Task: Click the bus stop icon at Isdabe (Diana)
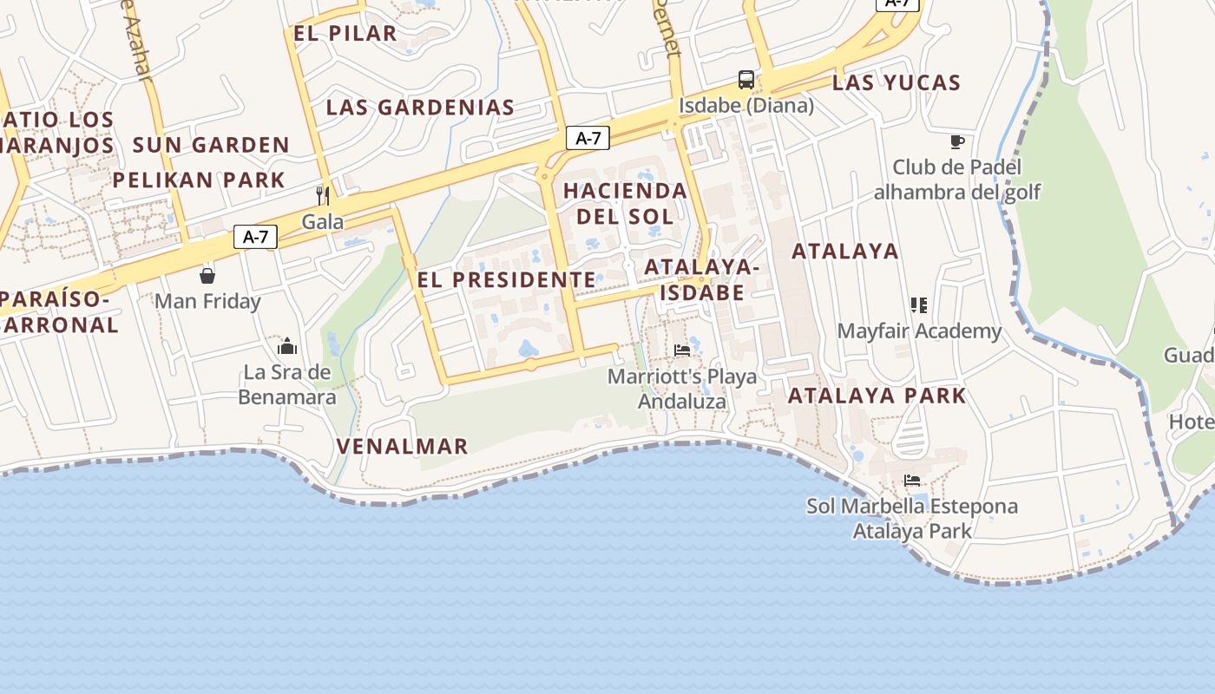pyautogui.click(x=746, y=80)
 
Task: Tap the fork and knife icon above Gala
pyautogui.click(x=323, y=194)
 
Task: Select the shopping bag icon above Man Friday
pyautogui.click(x=207, y=276)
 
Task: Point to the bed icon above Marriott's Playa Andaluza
pyautogui.click(x=682, y=350)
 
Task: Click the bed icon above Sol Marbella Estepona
pyautogui.click(x=911, y=480)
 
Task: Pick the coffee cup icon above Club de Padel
pyautogui.click(x=957, y=141)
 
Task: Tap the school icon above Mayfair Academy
pyautogui.click(x=919, y=305)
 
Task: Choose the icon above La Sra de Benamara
pyautogui.click(x=287, y=347)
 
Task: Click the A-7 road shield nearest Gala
pyautogui.click(x=255, y=237)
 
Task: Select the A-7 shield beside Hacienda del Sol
pyautogui.click(x=588, y=138)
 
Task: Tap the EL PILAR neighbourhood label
pyautogui.click(x=345, y=34)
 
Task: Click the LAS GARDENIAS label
pyautogui.click(x=420, y=108)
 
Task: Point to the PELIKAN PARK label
pyautogui.click(x=199, y=180)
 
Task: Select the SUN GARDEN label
pyautogui.click(x=211, y=145)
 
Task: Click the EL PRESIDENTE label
pyautogui.click(x=506, y=280)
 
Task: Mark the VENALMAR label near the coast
pyautogui.click(x=402, y=447)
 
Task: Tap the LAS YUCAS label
pyautogui.click(x=896, y=83)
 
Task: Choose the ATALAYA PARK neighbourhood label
pyautogui.click(x=877, y=396)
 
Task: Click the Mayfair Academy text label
pyautogui.click(x=919, y=331)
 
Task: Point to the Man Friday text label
pyautogui.click(x=207, y=302)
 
